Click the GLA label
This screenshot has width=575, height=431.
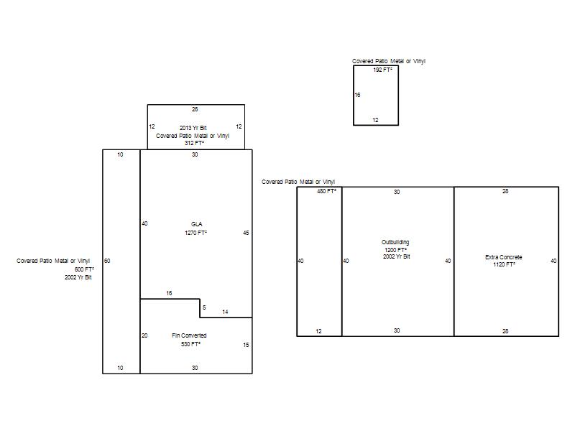tap(196, 224)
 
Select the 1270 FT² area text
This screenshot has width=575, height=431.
tap(195, 233)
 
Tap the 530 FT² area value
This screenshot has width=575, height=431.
tap(190, 344)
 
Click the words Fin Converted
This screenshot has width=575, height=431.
tap(189, 335)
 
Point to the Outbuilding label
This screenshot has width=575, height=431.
tap(395, 242)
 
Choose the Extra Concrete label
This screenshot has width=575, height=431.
tap(504, 257)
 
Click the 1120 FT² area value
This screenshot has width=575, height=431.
tap(505, 264)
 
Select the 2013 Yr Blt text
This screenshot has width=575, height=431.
tap(193, 128)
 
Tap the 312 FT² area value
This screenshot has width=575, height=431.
tap(194, 143)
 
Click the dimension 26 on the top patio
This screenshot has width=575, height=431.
tap(195, 109)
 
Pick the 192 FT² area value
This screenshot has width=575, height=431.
tap(383, 70)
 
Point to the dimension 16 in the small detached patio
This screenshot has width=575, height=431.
tap(357, 95)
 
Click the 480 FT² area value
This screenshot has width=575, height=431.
tap(327, 191)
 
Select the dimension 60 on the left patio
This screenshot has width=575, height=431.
tap(107, 261)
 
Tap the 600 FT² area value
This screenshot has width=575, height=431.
tap(84, 269)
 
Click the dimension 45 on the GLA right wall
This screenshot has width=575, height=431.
tap(246, 233)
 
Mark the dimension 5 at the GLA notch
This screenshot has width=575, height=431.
tap(204, 307)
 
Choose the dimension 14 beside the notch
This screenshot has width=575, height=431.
tap(225, 312)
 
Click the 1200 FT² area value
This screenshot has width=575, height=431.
tap(396, 250)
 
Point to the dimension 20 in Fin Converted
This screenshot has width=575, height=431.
tap(144, 335)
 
